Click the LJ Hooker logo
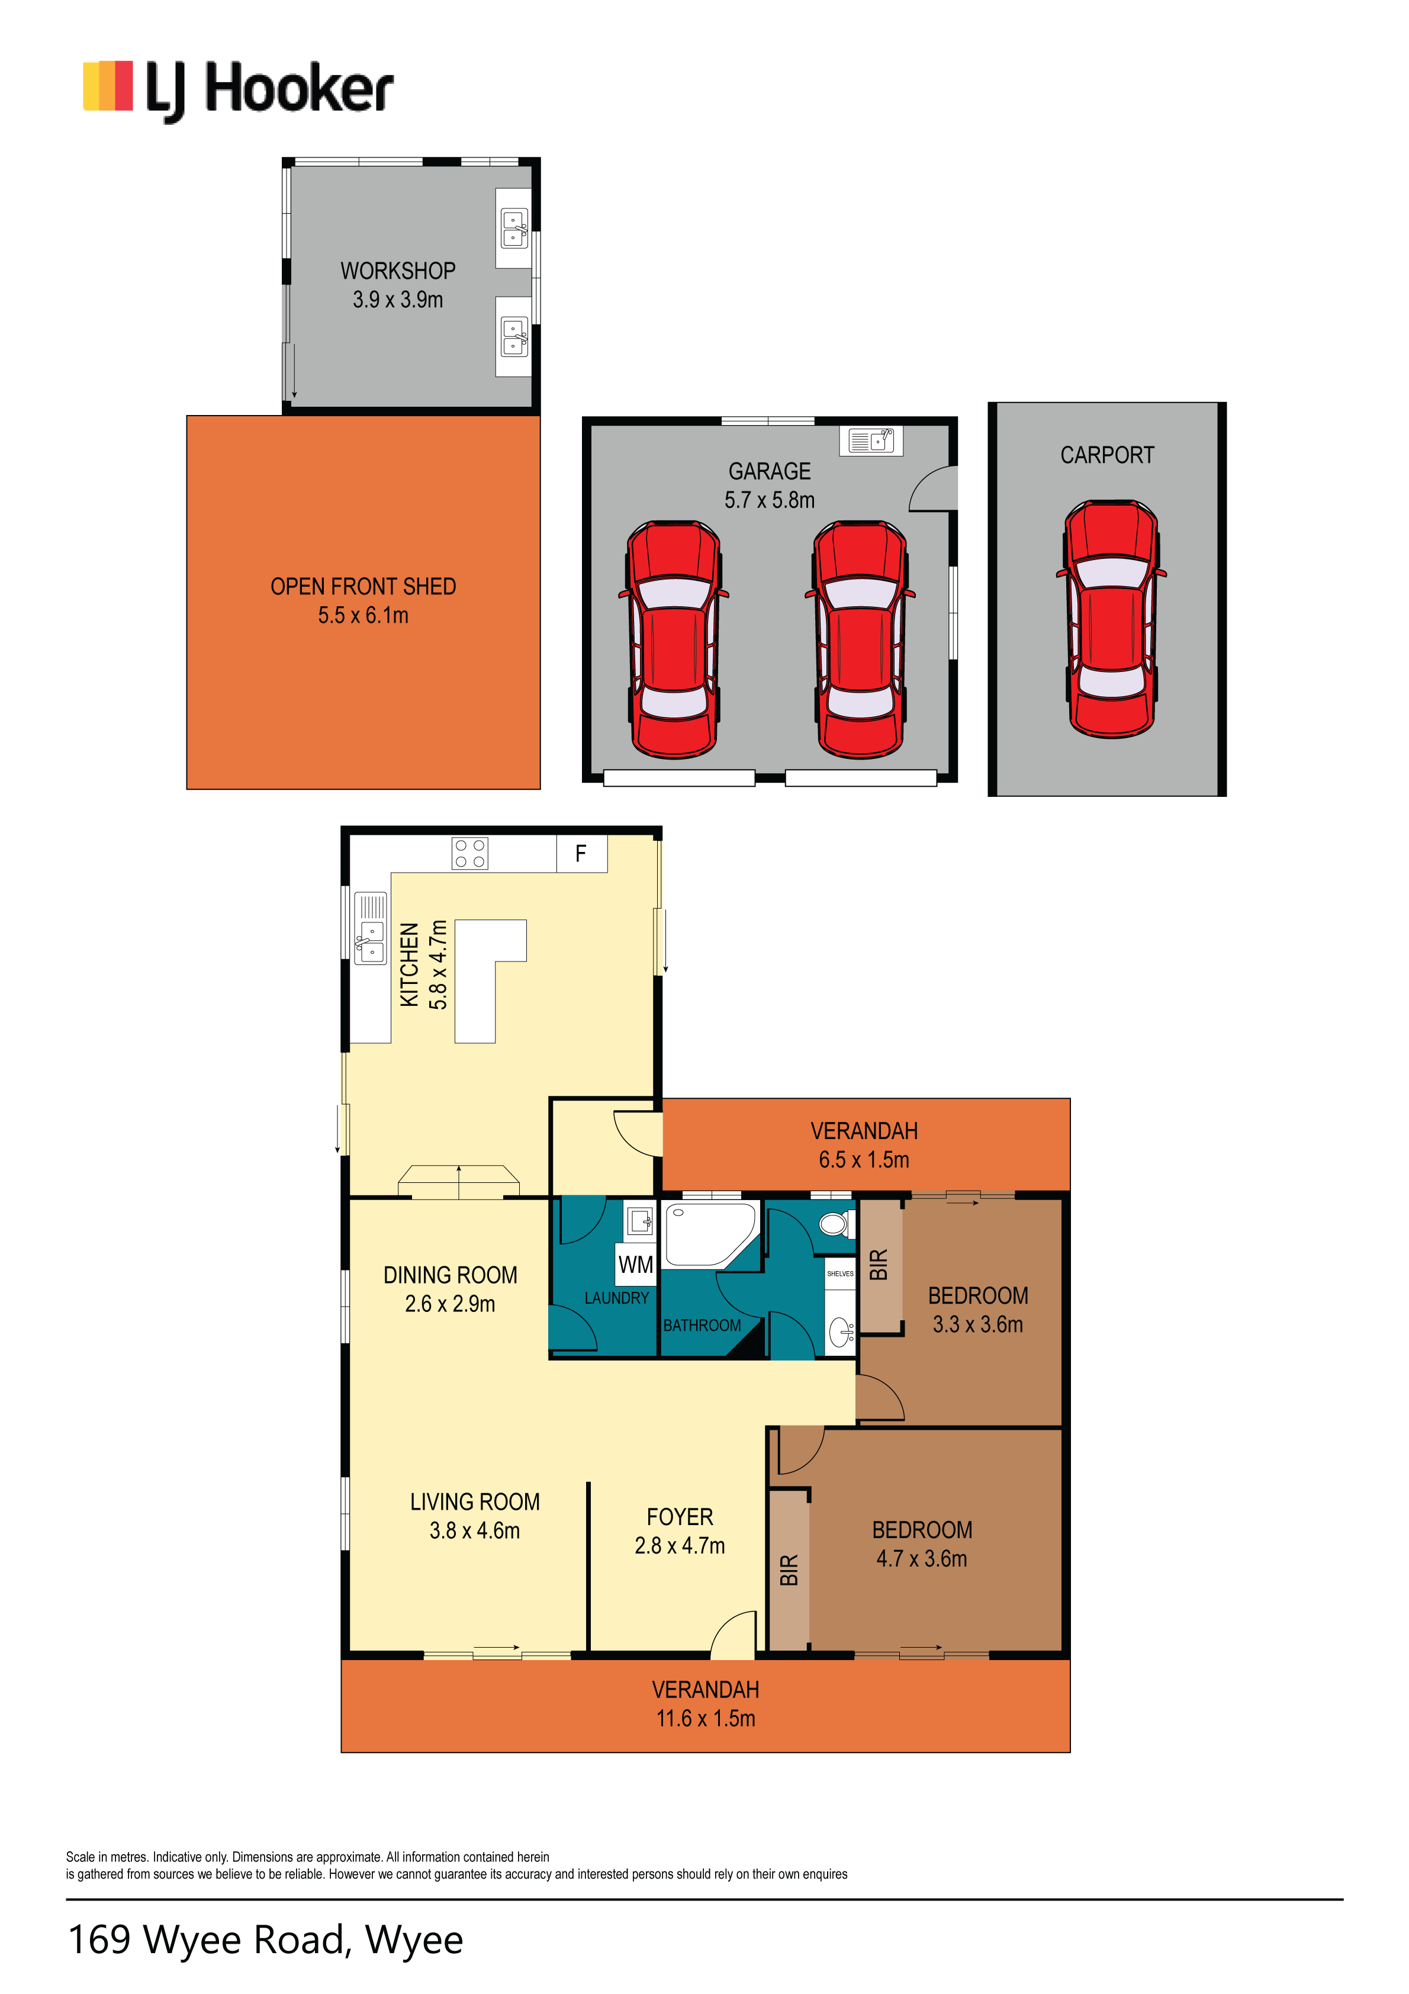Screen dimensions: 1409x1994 (238, 91)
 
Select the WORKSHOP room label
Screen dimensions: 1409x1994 (398, 271)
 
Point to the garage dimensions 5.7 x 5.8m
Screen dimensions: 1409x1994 (770, 500)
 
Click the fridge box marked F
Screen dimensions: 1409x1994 (581, 854)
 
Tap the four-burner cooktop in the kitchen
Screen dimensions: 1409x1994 (470, 854)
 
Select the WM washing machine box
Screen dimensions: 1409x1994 (636, 1265)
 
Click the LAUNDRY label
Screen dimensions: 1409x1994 (617, 1298)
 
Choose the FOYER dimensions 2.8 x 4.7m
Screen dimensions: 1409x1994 (679, 1546)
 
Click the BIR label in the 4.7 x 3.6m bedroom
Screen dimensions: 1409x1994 (789, 1570)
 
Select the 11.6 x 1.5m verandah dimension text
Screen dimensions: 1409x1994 (705, 1719)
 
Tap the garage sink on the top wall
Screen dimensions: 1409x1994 (871, 441)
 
